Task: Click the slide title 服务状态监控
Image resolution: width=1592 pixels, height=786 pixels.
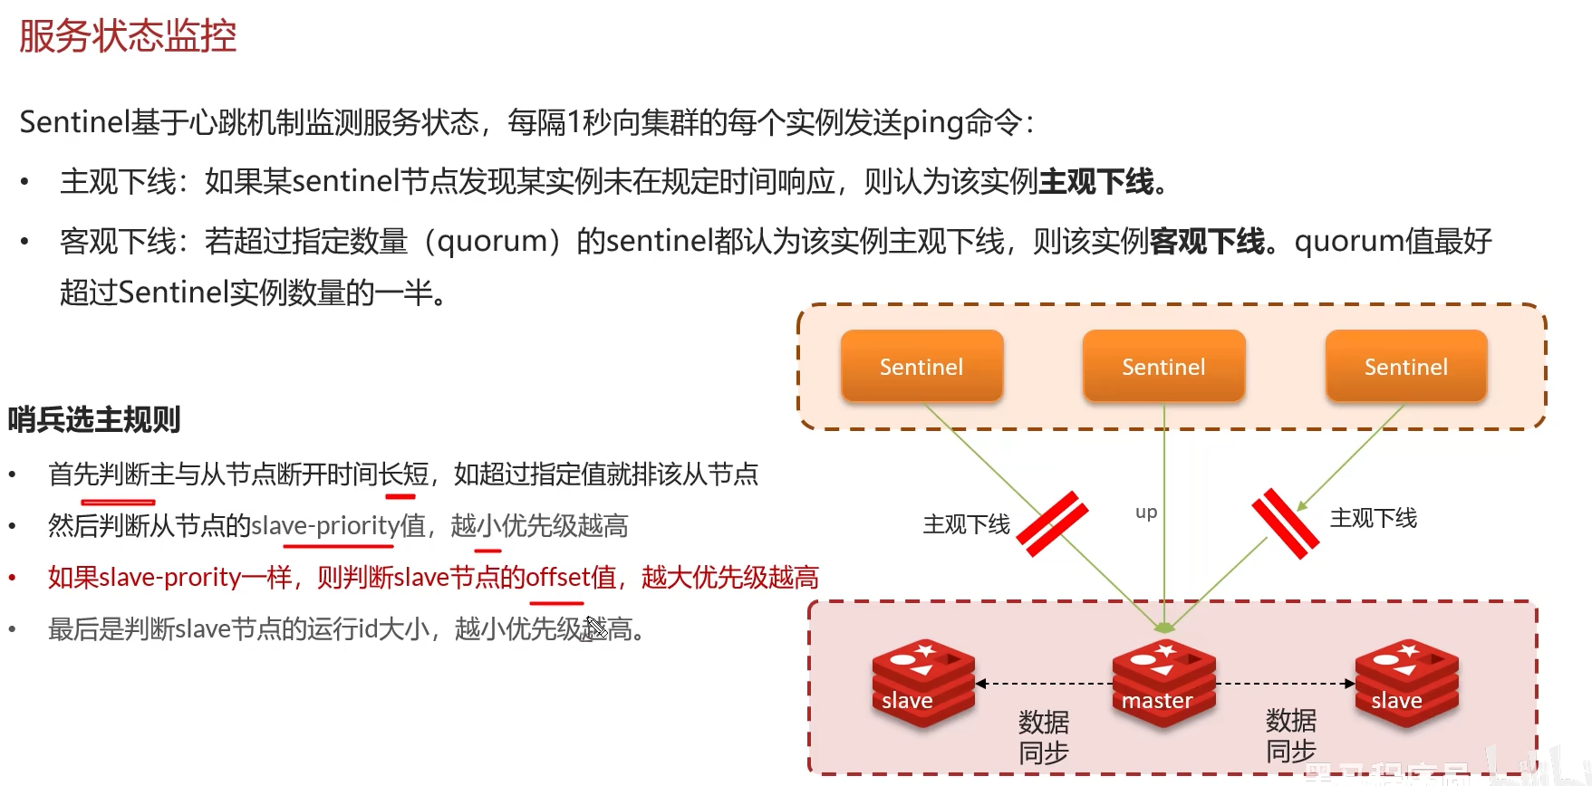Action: pos(128,36)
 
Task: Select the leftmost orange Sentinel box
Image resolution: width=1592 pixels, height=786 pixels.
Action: pos(921,366)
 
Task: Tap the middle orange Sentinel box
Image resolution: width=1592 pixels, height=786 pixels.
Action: pos(1163,366)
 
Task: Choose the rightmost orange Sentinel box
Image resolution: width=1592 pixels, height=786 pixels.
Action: pos(1405,366)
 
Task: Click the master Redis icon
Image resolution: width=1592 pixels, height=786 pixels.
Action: pos(1163,683)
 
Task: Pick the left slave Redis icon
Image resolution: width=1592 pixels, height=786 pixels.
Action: pos(922,683)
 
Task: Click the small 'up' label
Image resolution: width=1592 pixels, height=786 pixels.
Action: pos(1146,513)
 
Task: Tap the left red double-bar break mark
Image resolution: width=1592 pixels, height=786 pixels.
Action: pos(1052,523)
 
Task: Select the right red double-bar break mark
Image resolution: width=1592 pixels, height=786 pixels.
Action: pos(1285,523)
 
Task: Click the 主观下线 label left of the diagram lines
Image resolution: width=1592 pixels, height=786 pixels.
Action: pos(966,525)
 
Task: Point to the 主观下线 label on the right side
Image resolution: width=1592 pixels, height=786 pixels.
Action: pos(1373,519)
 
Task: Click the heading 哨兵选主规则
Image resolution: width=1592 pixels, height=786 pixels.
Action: pos(94,419)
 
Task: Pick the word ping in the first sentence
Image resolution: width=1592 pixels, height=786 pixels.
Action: pos(932,122)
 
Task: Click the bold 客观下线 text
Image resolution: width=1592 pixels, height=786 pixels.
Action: pos(1207,242)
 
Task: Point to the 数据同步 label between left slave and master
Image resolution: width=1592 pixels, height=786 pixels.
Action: pos(1043,737)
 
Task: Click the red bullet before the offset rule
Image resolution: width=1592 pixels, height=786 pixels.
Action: pos(13,578)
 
